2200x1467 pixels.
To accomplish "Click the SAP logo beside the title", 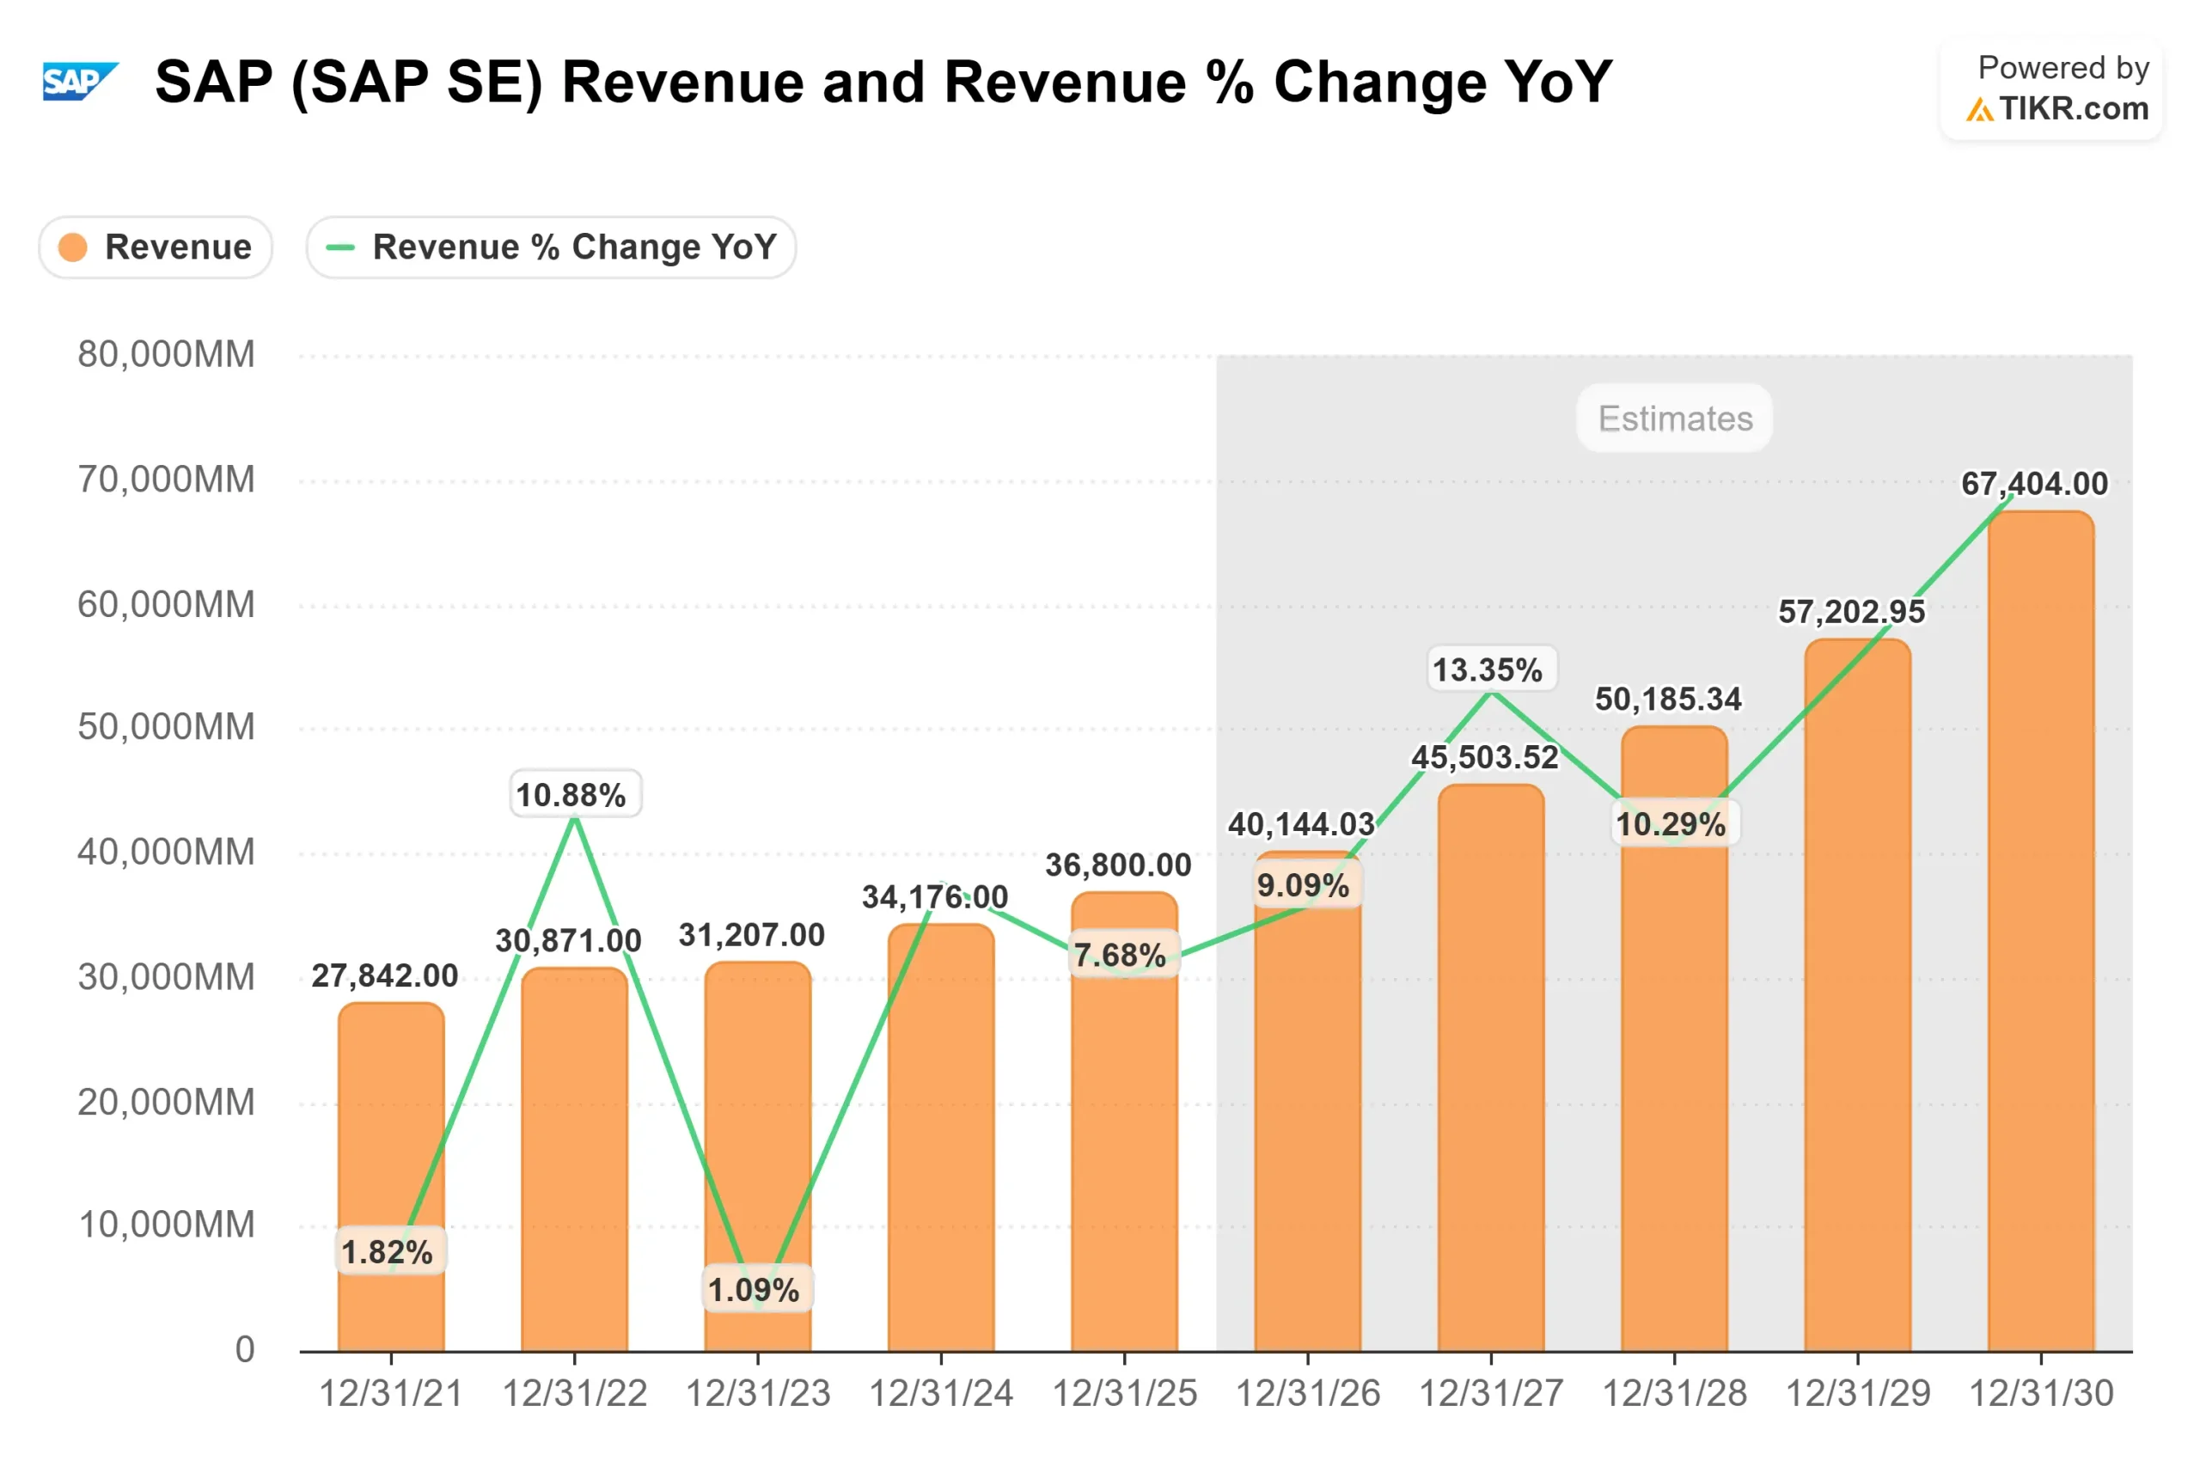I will click(x=81, y=82).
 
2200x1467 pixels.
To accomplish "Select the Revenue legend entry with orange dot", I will click(x=156, y=247).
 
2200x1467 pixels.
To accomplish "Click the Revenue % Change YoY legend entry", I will click(x=551, y=247).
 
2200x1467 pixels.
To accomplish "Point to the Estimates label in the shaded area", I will click(x=1674, y=419).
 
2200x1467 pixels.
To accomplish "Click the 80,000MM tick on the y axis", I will click(x=166, y=355).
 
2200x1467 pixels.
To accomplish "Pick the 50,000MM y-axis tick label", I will click(x=166, y=727).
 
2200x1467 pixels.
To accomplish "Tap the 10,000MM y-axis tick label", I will click(x=166, y=1225).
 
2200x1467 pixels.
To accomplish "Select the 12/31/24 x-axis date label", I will click(x=941, y=1394).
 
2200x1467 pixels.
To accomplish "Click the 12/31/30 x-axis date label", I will click(x=2041, y=1394).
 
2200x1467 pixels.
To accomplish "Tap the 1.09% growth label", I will click(x=754, y=1290).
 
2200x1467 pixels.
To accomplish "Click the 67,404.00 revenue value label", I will click(x=2034, y=484).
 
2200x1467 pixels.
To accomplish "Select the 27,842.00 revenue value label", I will click(x=384, y=975).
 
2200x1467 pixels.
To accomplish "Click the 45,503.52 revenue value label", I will click(x=1484, y=757).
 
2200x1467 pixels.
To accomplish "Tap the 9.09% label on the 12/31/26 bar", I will click(x=1303, y=885).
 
